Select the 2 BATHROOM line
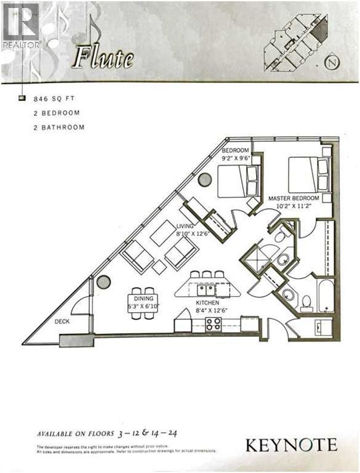point(59,127)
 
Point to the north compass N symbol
point(333,62)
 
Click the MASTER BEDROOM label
point(293,198)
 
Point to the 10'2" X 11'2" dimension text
point(294,206)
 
